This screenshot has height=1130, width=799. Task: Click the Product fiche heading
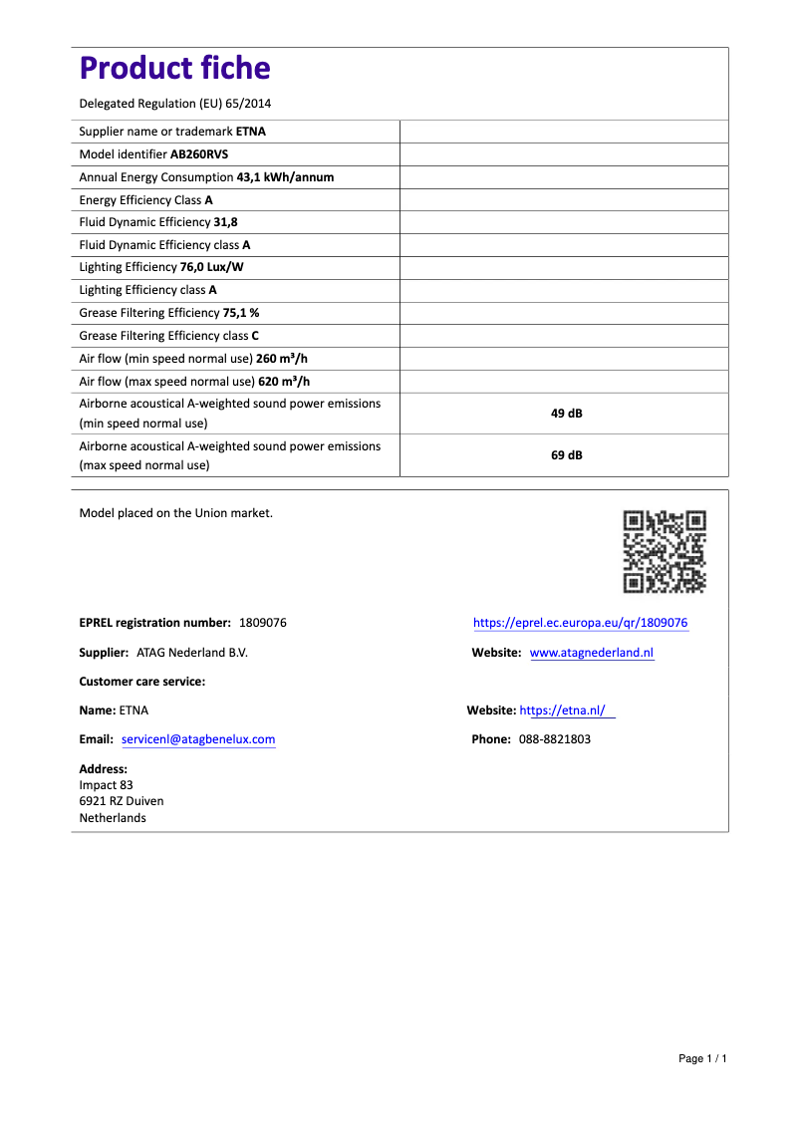pos(174,68)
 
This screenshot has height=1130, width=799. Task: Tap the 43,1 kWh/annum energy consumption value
pos(285,177)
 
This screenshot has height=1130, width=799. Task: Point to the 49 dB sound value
pos(566,414)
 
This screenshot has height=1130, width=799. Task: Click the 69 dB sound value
pos(566,455)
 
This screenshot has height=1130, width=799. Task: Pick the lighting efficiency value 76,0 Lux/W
pos(211,268)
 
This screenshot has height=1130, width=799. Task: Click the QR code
pos(665,551)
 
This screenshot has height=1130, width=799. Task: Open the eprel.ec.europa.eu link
pos(580,623)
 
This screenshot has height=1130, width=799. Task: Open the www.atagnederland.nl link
pos(592,653)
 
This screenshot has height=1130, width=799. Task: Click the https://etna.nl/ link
pos(563,710)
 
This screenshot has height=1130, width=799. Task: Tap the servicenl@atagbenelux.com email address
pos(198,739)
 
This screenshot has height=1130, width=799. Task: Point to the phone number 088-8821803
pos(554,739)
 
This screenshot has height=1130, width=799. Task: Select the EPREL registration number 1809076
pos(263,623)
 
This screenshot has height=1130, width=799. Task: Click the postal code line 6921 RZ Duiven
pos(122,801)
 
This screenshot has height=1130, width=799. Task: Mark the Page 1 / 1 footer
pos(702,1058)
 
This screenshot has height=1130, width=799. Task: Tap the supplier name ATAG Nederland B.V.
pos(191,653)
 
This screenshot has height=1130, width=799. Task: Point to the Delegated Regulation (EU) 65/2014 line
pos(175,104)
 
